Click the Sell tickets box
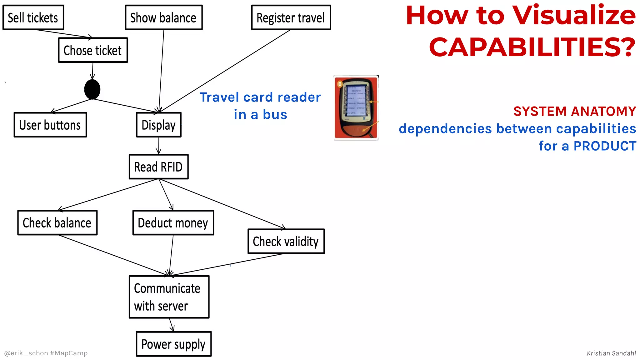(33, 17)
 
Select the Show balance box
(164, 17)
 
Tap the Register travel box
(291, 17)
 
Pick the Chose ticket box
(93, 50)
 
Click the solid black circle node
(92, 89)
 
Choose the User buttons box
(50, 125)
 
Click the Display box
(159, 125)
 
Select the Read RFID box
(159, 167)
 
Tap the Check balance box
(57, 222)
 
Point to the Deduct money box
(173, 222)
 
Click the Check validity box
(286, 241)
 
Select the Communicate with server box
(169, 297)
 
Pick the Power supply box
(174, 344)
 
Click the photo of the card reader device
(356, 108)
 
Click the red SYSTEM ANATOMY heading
(574, 111)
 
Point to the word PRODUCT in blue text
(605, 146)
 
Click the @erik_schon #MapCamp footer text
(46, 353)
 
